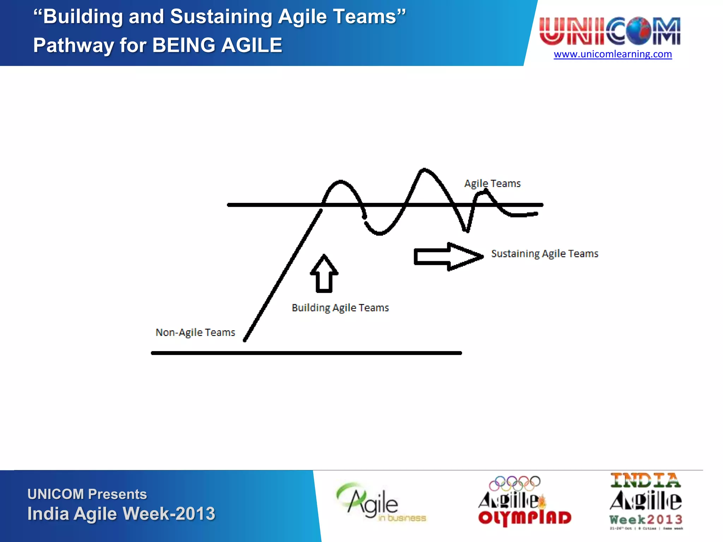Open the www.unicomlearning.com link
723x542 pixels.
click(x=613, y=54)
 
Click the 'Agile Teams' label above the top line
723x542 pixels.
click(x=492, y=183)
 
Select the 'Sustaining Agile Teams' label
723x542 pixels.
click(x=544, y=254)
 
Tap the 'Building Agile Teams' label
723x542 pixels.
click(x=340, y=308)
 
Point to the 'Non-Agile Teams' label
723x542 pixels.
click(x=195, y=332)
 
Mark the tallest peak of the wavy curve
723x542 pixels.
click(x=424, y=170)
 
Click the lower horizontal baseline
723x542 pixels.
click(x=306, y=353)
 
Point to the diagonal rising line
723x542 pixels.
click(x=282, y=275)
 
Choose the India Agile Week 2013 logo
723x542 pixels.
click(x=646, y=501)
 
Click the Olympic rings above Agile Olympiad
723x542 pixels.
click(x=514, y=483)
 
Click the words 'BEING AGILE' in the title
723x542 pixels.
click(x=217, y=45)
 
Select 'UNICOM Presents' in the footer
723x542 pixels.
click(x=87, y=494)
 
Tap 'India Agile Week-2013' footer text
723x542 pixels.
click(x=121, y=513)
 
